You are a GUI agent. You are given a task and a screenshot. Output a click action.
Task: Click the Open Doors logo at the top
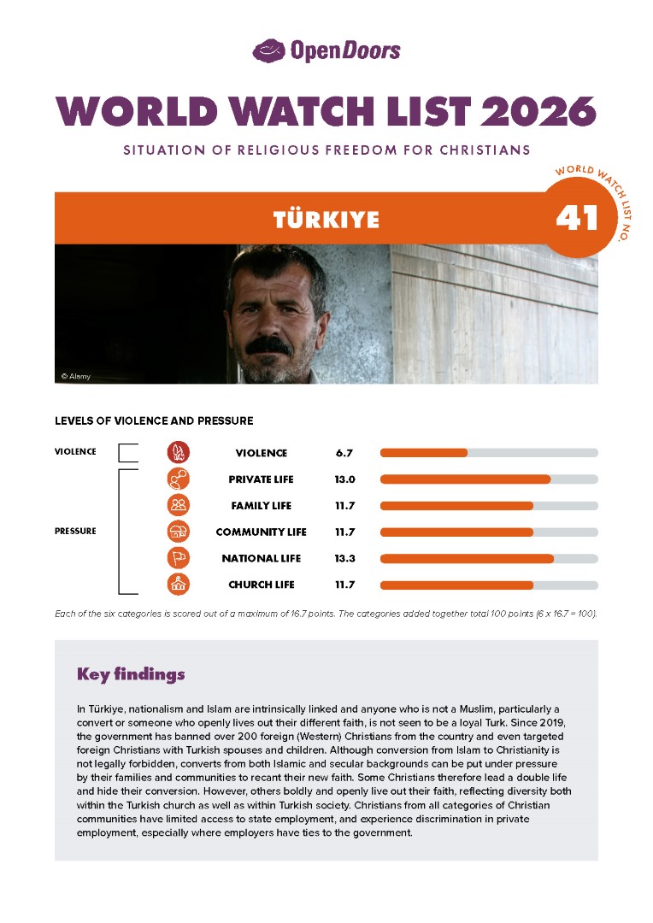326,51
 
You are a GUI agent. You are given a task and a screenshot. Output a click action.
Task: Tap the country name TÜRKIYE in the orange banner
326,220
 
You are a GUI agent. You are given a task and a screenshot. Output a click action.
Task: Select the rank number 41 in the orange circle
577,219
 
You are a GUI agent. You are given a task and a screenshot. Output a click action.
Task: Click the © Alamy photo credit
76,376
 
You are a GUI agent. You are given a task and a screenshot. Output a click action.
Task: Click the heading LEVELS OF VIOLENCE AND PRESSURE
154,421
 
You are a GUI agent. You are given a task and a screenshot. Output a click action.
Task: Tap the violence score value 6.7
344,453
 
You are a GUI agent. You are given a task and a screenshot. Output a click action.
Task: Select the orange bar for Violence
424,453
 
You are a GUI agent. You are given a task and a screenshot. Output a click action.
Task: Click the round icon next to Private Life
178,479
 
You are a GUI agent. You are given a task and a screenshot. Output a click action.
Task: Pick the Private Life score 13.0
344,479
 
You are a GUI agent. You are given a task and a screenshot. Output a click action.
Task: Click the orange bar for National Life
467,559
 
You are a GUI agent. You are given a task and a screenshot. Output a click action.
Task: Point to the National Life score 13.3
344,559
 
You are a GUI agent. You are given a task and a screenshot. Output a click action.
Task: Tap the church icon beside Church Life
178,585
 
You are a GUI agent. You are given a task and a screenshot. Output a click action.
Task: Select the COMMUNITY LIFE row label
261,532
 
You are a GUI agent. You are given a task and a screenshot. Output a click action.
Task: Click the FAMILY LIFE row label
261,506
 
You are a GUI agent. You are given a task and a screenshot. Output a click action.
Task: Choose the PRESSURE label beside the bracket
75,532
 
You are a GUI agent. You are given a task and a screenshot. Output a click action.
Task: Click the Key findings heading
131,674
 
